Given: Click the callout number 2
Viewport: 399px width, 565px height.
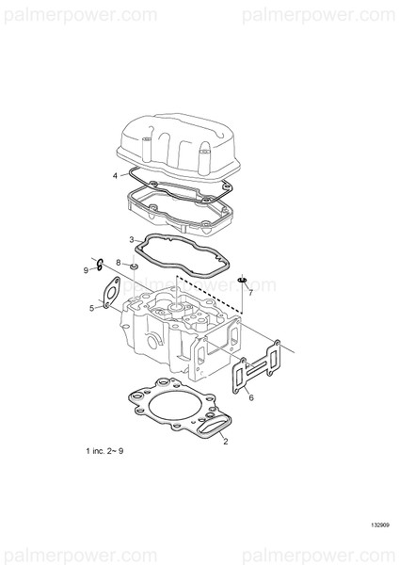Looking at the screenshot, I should pyautogui.click(x=225, y=441).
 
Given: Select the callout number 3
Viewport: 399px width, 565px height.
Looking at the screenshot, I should pyautogui.click(x=132, y=240).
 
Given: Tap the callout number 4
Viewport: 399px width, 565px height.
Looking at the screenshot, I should pyautogui.click(x=115, y=176).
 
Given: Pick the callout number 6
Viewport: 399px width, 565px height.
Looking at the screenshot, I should pyautogui.click(x=251, y=398).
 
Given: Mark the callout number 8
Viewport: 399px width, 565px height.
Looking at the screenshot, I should pyautogui.click(x=119, y=263).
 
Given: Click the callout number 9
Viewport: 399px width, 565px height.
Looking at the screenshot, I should pyautogui.click(x=86, y=270).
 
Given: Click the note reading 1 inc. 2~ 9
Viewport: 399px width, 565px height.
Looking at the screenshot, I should pyautogui.click(x=104, y=452).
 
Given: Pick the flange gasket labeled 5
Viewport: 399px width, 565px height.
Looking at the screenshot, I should pyautogui.click(x=110, y=292).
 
